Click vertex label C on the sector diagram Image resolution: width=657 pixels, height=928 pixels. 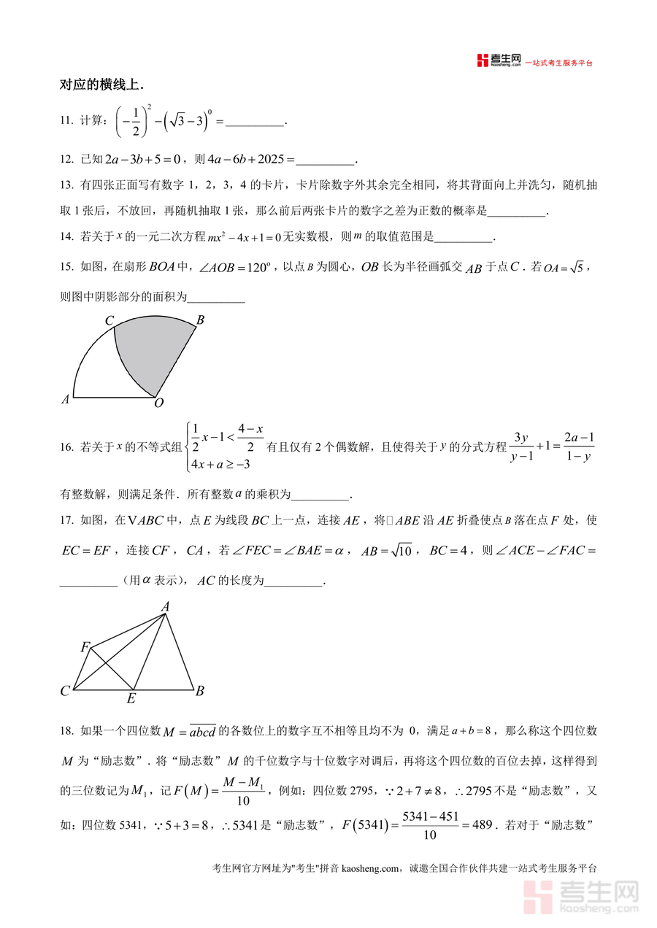click(109, 320)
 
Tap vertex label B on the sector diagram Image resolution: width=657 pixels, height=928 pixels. click(200, 319)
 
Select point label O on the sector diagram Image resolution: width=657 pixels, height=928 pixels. click(159, 403)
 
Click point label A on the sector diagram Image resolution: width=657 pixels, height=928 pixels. click(66, 399)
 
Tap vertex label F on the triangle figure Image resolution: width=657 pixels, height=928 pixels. click(85, 647)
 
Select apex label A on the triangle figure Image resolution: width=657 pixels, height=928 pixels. click(166, 606)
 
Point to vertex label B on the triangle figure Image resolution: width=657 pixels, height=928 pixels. click(199, 691)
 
